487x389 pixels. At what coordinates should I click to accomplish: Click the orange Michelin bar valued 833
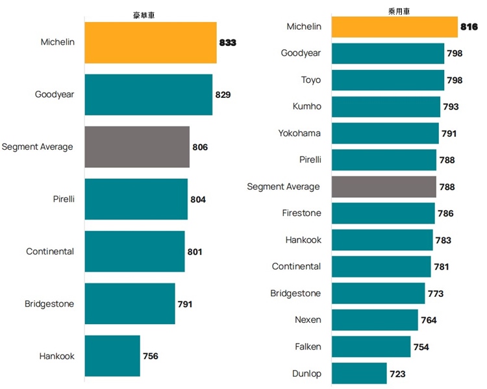click(151, 42)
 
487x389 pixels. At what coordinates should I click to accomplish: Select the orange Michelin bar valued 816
click(395, 27)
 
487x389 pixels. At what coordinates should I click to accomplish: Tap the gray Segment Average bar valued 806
click(137, 147)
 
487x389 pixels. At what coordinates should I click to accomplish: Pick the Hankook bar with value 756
click(112, 356)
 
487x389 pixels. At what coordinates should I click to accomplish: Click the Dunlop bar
click(359, 373)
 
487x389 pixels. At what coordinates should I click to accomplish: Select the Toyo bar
click(388, 80)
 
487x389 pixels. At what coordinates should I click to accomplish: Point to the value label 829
click(223, 95)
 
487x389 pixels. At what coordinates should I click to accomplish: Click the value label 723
click(397, 374)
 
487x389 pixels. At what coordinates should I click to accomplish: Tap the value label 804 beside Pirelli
click(198, 200)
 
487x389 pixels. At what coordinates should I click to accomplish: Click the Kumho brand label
click(306, 106)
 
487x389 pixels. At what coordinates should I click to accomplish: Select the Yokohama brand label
click(300, 133)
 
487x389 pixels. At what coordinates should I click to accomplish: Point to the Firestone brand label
click(301, 213)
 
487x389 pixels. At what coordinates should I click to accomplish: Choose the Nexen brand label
click(308, 320)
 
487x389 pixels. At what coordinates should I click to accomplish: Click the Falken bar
click(371, 347)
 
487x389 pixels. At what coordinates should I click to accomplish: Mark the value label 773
click(436, 294)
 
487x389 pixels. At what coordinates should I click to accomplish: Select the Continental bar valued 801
click(134, 252)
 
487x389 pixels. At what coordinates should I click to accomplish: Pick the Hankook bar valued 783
click(382, 240)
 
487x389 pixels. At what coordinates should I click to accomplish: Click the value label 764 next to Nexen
click(429, 320)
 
